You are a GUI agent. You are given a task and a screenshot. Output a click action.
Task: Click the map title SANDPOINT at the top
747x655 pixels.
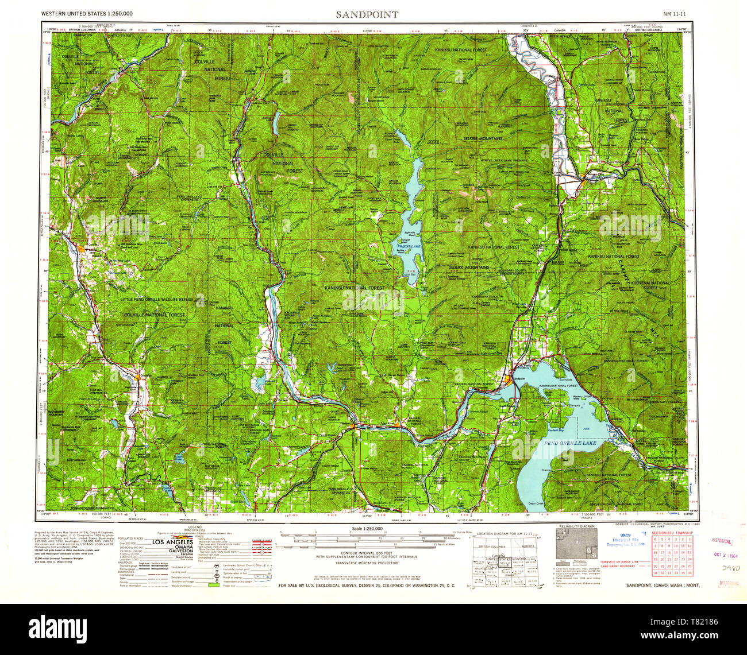(x=367, y=14)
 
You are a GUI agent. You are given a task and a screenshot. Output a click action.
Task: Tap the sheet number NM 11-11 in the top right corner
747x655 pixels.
(x=673, y=13)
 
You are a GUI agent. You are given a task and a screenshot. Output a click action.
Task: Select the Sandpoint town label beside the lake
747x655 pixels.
(x=518, y=379)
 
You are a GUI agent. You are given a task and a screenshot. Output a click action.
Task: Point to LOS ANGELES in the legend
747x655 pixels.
(x=172, y=541)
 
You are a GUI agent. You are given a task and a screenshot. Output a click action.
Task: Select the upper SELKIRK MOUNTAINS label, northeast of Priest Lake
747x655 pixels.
(x=483, y=139)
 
